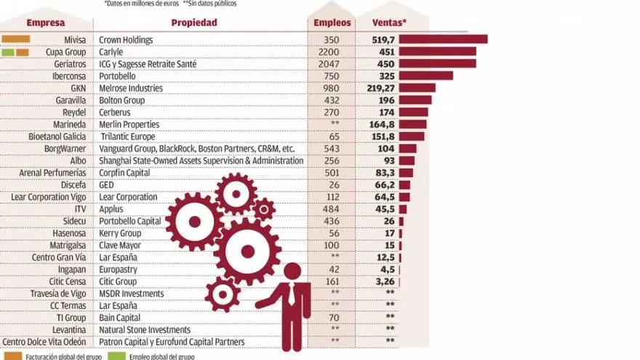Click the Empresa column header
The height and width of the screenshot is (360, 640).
(46, 23)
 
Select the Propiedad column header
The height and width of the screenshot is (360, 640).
(194, 23)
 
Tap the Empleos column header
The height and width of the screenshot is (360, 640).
(332, 23)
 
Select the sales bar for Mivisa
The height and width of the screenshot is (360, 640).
(443, 39)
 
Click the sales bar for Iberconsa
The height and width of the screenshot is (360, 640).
(425, 76)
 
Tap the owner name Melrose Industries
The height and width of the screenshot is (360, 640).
(131, 88)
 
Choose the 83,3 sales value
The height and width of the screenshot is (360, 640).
(385, 173)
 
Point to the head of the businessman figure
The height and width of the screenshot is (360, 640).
(292, 272)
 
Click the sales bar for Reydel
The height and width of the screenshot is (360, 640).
(413, 112)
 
